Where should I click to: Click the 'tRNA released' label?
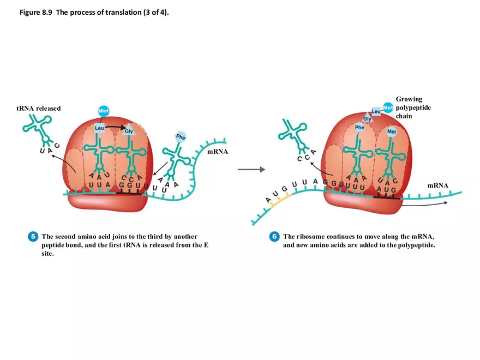point(38,108)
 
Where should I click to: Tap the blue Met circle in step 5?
point(104,111)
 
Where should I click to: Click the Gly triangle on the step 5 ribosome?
point(129,131)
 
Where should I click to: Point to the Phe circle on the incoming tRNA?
point(181,137)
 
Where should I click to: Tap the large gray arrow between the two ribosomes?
point(251,170)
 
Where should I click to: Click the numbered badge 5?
point(33,237)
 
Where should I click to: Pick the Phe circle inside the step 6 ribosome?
point(359,127)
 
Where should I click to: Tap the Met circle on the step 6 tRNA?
point(392,131)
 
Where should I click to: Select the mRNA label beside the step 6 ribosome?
point(437,185)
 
